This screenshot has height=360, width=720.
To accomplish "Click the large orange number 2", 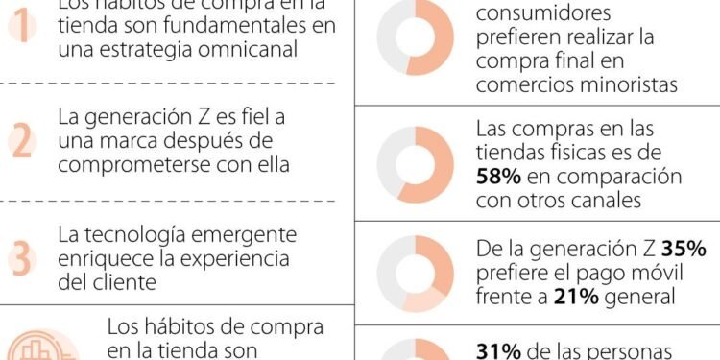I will click(x=21, y=141).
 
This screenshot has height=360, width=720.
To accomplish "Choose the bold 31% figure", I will click(x=498, y=350).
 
